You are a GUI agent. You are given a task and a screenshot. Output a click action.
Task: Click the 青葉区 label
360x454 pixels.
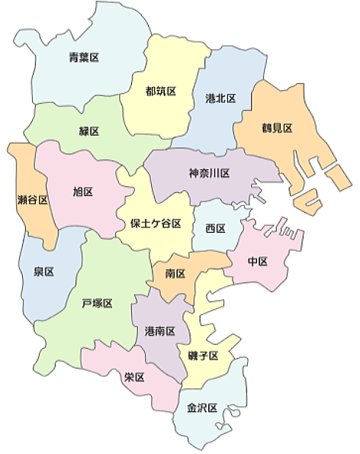click(84, 56)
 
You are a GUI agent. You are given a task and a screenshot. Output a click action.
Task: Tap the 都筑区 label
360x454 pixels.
click(161, 91)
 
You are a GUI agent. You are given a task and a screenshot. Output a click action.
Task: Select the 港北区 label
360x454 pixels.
click(220, 98)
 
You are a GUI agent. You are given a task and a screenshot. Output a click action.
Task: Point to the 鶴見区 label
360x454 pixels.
click(277, 128)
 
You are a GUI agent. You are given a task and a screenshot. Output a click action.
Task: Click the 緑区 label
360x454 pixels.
click(89, 131)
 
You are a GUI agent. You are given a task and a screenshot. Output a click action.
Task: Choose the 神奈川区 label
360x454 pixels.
click(209, 173)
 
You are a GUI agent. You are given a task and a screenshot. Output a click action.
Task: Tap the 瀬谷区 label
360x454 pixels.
click(33, 201)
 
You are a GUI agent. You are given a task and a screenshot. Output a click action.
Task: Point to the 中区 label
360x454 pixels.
click(258, 262)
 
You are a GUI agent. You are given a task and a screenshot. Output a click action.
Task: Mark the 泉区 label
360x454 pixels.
click(43, 272)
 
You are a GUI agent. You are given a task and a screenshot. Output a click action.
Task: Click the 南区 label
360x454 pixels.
click(175, 273)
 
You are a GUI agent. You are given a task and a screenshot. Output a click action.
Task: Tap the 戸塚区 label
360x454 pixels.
click(97, 303)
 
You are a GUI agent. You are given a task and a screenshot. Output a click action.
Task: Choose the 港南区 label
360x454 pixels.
click(160, 331)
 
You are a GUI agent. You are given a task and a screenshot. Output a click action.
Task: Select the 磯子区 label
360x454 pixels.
click(204, 356)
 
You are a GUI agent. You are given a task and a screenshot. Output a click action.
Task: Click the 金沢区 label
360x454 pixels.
click(203, 408)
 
